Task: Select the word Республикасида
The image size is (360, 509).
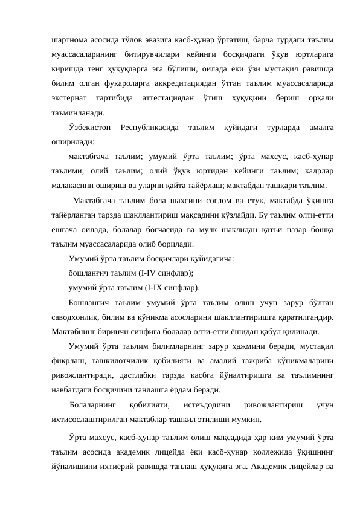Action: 149,128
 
